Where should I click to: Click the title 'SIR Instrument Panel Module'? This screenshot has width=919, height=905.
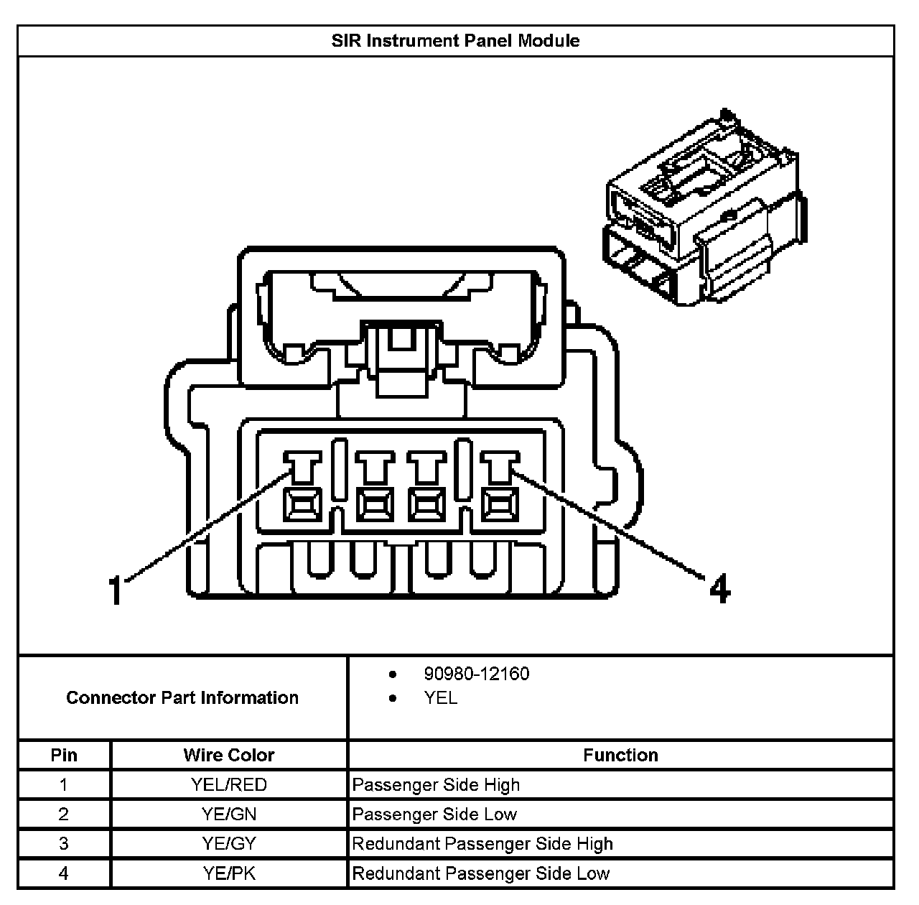click(455, 40)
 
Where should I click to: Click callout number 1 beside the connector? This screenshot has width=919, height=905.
click(116, 590)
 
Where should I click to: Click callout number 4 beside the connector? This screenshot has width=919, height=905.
click(719, 589)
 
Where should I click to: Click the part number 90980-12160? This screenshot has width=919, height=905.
click(476, 674)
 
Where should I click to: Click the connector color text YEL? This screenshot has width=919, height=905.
click(440, 698)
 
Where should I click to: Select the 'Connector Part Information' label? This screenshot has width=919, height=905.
click(182, 697)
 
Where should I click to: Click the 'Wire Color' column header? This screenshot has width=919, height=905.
click(228, 755)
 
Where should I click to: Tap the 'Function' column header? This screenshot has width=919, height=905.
click(620, 755)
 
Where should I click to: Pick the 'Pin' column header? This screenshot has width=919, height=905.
click(64, 755)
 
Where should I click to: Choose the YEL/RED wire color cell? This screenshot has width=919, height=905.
click(228, 784)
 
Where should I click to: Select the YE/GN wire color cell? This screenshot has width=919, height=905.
click(228, 814)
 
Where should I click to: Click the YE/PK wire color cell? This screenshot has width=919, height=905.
click(228, 873)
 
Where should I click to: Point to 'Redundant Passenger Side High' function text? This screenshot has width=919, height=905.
click(482, 844)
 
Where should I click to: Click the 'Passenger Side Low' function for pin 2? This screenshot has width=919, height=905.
click(434, 814)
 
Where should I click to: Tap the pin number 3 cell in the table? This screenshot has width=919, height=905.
click(64, 844)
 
